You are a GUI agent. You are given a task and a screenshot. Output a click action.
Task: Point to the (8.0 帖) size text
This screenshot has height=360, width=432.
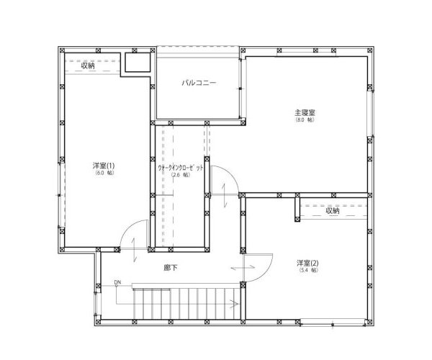[x=305, y=120]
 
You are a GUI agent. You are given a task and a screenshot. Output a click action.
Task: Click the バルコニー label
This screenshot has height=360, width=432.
[x=199, y=83]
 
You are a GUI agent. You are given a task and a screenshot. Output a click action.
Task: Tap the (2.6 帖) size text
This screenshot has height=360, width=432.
[x=181, y=175]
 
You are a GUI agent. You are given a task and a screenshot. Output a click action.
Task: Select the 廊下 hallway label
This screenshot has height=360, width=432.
[x=171, y=267]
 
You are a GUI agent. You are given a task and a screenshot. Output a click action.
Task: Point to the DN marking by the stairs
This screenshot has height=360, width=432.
[x=117, y=282]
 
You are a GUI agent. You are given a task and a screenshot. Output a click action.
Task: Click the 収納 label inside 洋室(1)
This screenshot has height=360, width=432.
[x=88, y=66]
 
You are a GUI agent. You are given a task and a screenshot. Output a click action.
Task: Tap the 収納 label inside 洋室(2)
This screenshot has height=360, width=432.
[x=332, y=211]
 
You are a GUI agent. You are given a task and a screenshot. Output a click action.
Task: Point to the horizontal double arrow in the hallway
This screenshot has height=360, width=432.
[x=243, y=269]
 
